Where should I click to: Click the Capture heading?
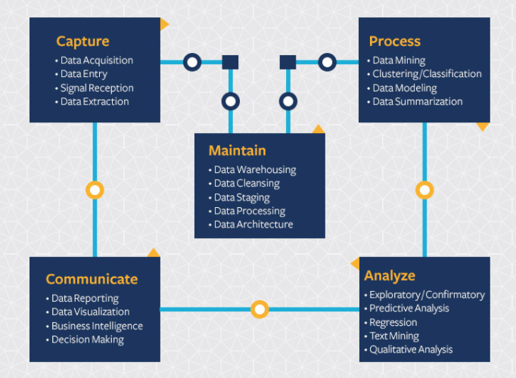[x=82, y=41]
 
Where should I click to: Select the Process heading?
[x=394, y=41]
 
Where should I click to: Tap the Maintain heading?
[x=237, y=150]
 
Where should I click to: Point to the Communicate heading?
[x=92, y=279]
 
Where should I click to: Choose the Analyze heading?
[x=390, y=275]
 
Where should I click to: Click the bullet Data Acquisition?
[x=96, y=60]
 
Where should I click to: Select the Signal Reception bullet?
[x=97, y=88]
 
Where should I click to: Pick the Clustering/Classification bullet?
[x=427, y=74]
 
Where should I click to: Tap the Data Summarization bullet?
[x=417, y=101]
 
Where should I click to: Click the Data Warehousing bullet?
[x=255, y=170]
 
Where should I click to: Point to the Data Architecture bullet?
[x=253, y=225]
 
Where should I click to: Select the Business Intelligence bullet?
[x=97, y=326]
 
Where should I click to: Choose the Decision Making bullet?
[x=88, y=339]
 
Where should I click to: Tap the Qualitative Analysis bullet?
[x=411, y=349]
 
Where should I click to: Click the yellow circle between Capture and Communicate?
[x=95, y=190]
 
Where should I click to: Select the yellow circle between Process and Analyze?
[x=424, y=190]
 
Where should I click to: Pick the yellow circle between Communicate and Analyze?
[x=260, y=309]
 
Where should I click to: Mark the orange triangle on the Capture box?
[x=163, y=25]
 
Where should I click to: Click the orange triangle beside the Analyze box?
[x=355, y=263]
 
